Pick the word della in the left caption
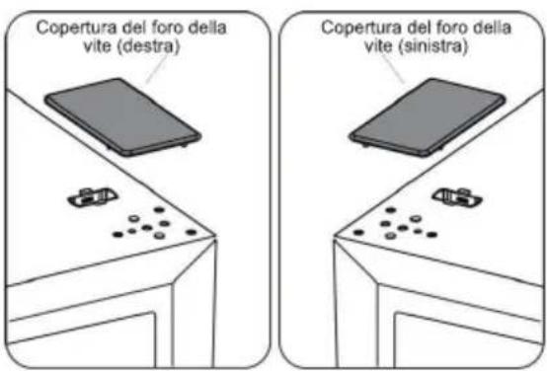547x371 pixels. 205,27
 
